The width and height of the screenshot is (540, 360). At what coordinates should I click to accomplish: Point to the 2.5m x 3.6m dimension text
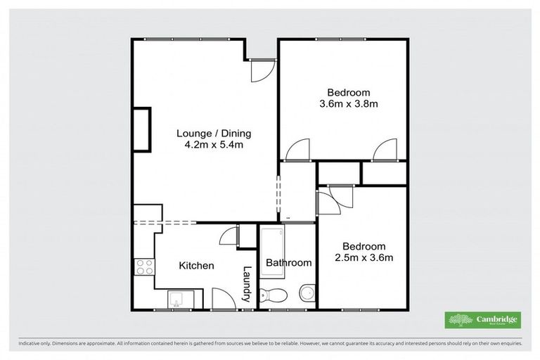pyautogui.click(x=364, y=257)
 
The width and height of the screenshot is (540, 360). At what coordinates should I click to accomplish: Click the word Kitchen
pyautogui.click(x=196, y=266)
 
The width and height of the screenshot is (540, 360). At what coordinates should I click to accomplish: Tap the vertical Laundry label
pyautogui.click(x=247, y=283)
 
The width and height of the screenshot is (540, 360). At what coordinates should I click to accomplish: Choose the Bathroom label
pyautogui.click(x=288, y=263)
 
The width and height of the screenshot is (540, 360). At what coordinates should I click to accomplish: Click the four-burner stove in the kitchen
pyautogui.click(x=144, y=267)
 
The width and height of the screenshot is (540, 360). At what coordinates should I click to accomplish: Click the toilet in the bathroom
pyautogui.click(x=271, y=293)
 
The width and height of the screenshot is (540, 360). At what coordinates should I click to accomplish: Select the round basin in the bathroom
pyautogui.click(x=307, y=291)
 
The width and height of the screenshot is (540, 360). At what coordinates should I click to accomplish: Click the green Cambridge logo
pyautogui.click(x=482, y=319)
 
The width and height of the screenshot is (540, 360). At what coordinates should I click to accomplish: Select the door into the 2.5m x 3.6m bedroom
pyautogui.click(x=328, y=200)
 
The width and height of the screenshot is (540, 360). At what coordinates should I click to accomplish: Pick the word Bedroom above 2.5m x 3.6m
pyautogui.click(x=364, y=246)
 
